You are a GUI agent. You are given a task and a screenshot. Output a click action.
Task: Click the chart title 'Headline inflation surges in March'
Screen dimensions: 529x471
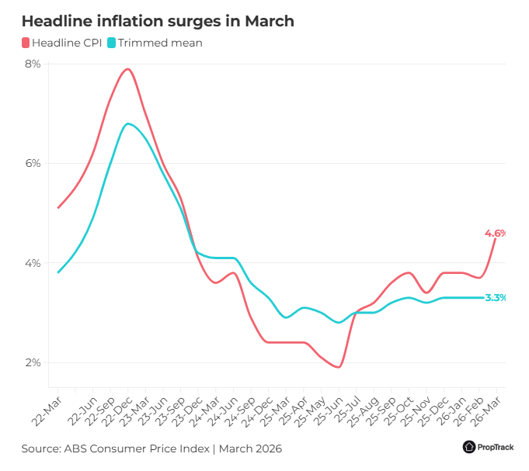coord(158,21)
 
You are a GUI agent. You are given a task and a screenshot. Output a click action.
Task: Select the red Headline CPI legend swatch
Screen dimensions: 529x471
coord(26,43)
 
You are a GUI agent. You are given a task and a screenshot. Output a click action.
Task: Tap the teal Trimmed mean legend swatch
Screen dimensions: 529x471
coord(111,43)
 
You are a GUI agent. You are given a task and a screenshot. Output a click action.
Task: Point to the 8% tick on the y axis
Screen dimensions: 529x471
coord(33,64)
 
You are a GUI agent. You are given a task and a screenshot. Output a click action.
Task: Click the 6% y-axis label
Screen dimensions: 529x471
coord(33,163)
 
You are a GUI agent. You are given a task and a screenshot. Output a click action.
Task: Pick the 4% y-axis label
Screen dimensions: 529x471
coord(33,263)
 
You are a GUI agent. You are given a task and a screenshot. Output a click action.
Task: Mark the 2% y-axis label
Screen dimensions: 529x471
coord(33,362)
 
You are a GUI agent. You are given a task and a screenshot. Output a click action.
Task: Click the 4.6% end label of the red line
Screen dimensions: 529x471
coord(496,233)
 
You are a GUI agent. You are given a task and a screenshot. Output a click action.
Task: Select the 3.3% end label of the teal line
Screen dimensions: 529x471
coord(496,297)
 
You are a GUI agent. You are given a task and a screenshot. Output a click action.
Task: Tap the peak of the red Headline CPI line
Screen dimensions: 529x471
coord(128,69)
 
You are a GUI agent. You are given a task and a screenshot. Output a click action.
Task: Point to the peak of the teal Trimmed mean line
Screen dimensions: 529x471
coord(127,123)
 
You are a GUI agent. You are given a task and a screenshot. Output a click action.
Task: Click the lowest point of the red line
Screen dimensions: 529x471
coord(339,367)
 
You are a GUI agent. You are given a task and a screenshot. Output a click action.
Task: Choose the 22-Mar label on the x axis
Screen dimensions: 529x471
coord(47,411)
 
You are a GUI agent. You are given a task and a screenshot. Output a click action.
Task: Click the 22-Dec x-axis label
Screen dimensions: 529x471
coord(117,411)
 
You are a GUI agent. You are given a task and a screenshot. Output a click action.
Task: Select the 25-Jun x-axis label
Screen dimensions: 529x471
coord(328,411)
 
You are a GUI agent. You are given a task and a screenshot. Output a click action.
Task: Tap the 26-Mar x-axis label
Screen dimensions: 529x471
coord(485,411)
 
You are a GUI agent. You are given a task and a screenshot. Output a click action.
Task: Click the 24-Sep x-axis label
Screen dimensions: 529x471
coord(240,411)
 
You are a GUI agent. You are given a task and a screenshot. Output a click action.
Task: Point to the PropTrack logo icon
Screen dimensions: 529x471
coord(469,447)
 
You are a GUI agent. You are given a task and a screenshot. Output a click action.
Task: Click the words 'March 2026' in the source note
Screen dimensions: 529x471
coord(250,448)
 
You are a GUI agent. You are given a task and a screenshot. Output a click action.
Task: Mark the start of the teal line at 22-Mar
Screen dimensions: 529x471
coord(58,272)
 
